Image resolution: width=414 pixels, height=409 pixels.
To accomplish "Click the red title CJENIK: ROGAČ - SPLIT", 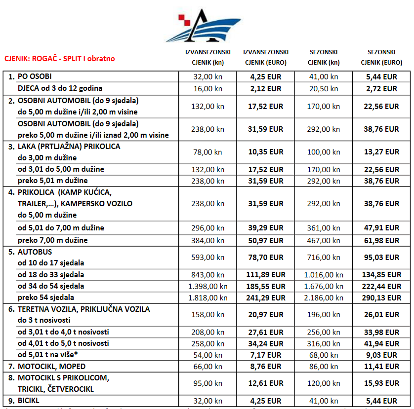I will click(x=59, y=58).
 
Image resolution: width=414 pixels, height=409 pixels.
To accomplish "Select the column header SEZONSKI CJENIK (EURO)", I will click(x=381, y=57).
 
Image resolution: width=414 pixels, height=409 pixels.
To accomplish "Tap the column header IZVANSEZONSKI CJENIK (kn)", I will click(x=207, y=57).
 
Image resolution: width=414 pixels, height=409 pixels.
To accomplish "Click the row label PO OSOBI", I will click(x=35, y=76).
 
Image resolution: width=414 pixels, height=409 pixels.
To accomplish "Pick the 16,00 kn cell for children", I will click(x=207, y=89).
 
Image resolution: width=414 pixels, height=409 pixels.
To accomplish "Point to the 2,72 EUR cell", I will click(x=381, y=89).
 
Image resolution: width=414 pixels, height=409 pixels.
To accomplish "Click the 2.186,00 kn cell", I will click(x=324, y=298).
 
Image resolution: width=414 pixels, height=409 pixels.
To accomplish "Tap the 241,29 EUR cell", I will click(x=266, y=298).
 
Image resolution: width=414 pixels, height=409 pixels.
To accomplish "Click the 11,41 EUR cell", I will click(x=381, y=367).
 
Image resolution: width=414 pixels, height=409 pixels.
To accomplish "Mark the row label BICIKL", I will click(x=28, y=401).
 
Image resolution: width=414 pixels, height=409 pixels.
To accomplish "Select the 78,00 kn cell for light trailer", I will click(x=207, y=152).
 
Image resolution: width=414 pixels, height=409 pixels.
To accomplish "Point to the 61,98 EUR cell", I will click(x=381, y=240).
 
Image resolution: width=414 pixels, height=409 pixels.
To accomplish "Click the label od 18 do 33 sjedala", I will click(x=51, y=275).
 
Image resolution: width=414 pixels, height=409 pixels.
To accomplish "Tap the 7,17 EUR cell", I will click(x=266, y=355).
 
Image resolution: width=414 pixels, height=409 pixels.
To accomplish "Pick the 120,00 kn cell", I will click(x=324, y=383).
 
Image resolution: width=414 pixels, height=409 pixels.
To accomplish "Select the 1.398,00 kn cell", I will click(x=207, y=286).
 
